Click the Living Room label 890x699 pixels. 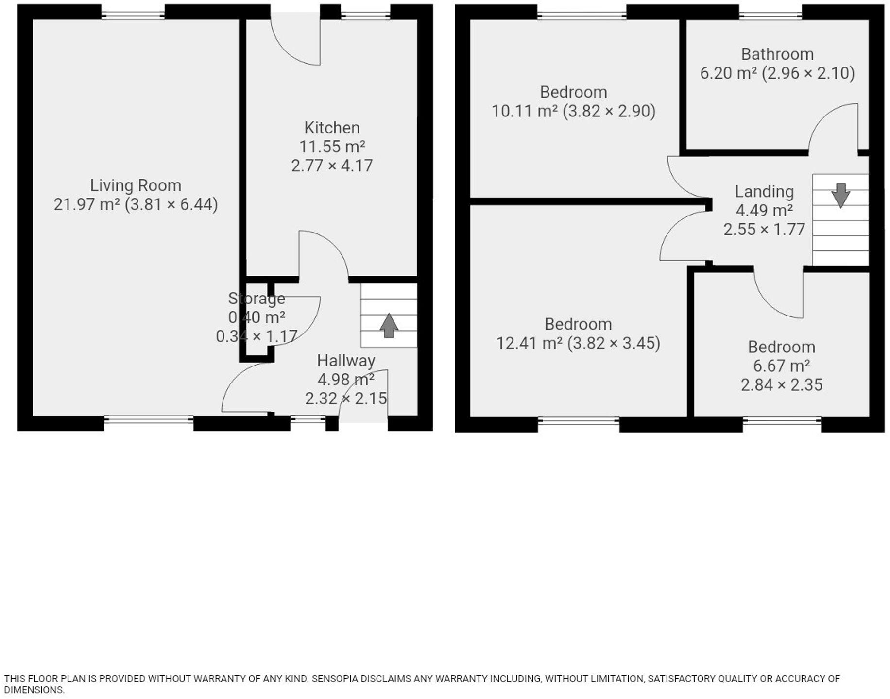[x=136, y=185]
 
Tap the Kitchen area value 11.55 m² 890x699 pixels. [x=332, y=147]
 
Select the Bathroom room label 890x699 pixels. [x=777, y=54]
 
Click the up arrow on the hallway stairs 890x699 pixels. [x=389, y=326]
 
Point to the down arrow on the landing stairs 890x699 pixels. [x=840, y=195]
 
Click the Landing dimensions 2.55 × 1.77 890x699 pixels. [x=764, y=229]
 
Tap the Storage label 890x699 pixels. [x=257, y=298]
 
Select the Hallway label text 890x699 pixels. [x=346, y=361]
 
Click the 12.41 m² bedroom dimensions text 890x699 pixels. [x=578, y=344]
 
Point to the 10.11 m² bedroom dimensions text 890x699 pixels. [x=573, y=111]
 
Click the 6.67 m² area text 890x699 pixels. [x=781, y=366]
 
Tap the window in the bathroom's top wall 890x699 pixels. [x=770, y=15]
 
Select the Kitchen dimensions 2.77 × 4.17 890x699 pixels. [x=332, y=166]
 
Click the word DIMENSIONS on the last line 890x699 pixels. [x=34, y=690]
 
